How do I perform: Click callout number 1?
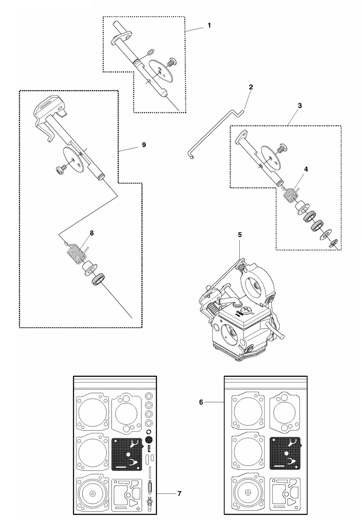point(209,26)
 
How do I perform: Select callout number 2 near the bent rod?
point(251,87)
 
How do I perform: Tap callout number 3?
point(300,106)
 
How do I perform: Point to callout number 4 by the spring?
point(306,169)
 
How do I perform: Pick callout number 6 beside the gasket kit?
point(201,402)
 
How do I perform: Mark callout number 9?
point(144,145)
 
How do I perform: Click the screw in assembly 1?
point(171,62)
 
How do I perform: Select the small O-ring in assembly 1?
point(150,52)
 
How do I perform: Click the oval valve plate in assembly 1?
point(161,71)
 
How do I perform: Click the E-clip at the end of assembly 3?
point(334,243)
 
